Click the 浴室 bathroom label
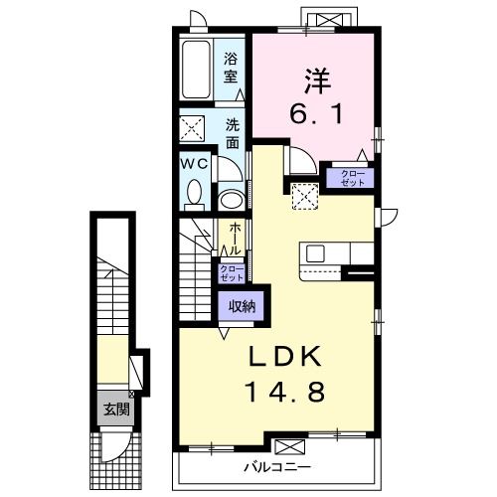tap(231, 68)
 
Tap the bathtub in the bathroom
tap(196, 70)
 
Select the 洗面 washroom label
tap(233, 134)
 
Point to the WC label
tap(194, 163)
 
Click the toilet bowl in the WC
tap(195, 194)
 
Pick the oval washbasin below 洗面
tap(232, 200)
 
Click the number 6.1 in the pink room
tap(316, 112)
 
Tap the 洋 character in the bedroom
tap(317, 81)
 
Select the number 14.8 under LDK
tap(284, 391)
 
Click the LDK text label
tap(285, 356)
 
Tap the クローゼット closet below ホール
tap(232, 273)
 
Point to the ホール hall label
tap(235, 239)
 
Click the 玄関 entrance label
tap(116, 410)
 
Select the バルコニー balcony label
tap(277, 468)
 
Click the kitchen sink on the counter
tap(315, 253)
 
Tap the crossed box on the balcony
tap(290, 446)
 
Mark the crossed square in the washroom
tap(192, 128)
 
